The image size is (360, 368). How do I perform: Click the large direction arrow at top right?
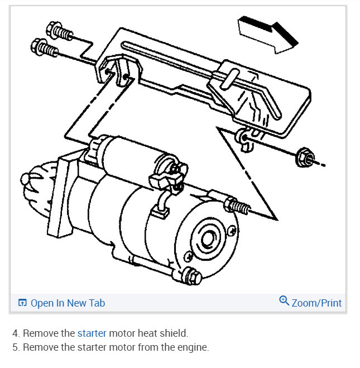coord(267,35)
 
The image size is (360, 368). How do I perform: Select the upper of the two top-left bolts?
coord(60,31)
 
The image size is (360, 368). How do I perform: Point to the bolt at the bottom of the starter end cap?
coord(193,276)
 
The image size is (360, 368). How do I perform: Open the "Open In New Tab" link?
coord(67,303)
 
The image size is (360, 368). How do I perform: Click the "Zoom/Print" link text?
coord(316,303)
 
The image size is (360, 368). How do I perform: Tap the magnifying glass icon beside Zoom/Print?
coord(284,302)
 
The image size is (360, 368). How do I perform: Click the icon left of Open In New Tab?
coord(22,303)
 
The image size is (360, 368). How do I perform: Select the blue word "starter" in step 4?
coord(92,333)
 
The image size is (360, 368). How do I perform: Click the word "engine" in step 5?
coord(193,347)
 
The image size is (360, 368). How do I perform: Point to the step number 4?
coord(15,333)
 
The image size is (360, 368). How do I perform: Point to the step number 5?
coord(15,347)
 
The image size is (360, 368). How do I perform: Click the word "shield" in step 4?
coord(174,333)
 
